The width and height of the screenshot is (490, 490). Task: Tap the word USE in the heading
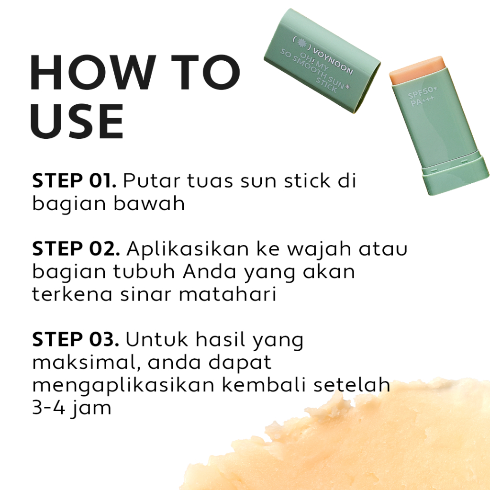point(77,121)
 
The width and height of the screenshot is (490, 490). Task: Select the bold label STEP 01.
point(74,180)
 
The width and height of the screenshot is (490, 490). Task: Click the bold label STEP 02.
point(76,249)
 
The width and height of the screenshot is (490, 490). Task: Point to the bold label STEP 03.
point(76,339)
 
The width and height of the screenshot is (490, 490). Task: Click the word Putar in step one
point(152,180)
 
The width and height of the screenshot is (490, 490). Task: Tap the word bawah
point(149,203)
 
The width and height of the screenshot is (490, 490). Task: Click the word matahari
point(227,294)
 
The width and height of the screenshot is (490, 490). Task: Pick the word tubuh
point(144,271)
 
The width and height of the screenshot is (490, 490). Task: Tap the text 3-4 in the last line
point(49,408)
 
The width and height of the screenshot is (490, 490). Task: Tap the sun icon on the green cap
point(301,43)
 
